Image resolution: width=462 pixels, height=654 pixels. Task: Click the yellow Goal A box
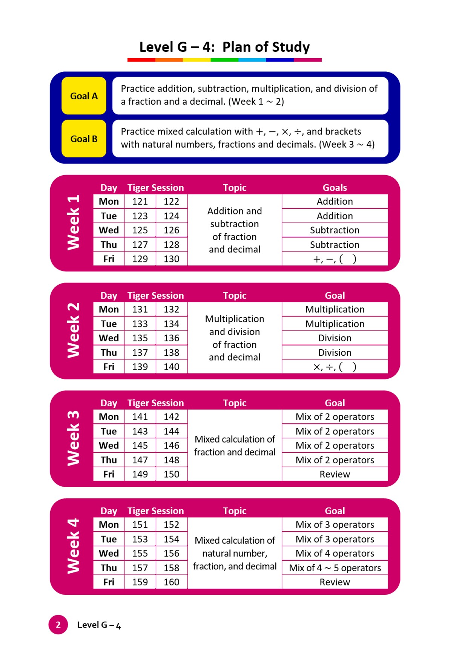pyautogui.click(x=84, y=96)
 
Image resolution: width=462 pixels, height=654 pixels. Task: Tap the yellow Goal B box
pyautogui.click(x=84, y=139)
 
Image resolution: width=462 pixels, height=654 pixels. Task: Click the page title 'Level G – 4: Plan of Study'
pyautogui.click(x=224, y=47)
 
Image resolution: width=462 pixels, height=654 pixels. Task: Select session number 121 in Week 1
pyautogui.click(x=140, y=202)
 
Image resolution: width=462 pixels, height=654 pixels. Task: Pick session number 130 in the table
pyautogui.click(x=172, y=259)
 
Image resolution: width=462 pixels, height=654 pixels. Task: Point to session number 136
pyautogui.click(x=172, y=338)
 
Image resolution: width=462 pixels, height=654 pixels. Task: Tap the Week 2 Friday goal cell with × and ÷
pyautogui.click(x=335, y=367)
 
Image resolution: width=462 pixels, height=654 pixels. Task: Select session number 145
pyautogui.click(x=140, y=446)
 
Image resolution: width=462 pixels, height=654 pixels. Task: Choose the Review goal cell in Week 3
pyautogui.click(x=335, y=474)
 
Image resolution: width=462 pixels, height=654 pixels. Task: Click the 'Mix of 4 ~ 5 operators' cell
pyautogui.click(x=335, y=568)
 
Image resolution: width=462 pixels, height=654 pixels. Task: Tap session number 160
pyautogui.click(x=172, y=582)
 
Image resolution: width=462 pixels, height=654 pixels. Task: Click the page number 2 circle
pyautogui.click(x=58, y=625)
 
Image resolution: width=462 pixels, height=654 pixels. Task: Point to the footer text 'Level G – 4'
pyautogui.click(x=99, y=625)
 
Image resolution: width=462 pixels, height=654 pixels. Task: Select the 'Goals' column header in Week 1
pyautogui.click(x=335, y=188)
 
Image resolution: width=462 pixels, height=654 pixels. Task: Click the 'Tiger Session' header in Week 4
pyautogui.click(x=155, y=511)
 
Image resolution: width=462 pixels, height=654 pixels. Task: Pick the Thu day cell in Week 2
pyautogui.click(x=109, y=353)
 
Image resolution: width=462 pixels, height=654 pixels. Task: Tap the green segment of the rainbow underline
pyautogui.click(x=224, y=60)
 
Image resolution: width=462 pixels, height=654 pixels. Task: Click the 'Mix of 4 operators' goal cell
pyautogui.click(x=335, y=554)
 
